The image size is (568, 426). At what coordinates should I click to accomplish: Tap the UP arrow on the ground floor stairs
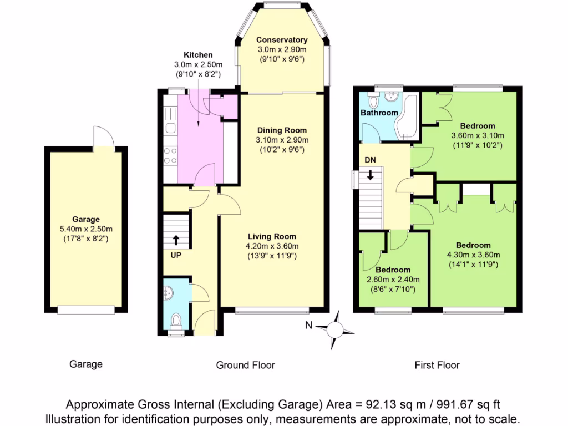[176, 240]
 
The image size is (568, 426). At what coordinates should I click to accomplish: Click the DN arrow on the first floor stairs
[370, 176]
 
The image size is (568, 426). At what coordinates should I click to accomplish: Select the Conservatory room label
[282, 40]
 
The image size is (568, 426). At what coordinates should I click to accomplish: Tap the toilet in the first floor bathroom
[372, 100]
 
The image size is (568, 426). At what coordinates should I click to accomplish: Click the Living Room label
[272, 236]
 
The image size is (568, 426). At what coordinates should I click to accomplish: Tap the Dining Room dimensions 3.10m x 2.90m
[281, 140]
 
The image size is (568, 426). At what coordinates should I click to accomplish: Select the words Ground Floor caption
[245, 365]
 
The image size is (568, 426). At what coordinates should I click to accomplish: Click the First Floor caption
[437, 365]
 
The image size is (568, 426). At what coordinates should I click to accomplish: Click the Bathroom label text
[379, 113]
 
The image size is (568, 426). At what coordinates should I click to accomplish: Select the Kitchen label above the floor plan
[198, 55]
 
